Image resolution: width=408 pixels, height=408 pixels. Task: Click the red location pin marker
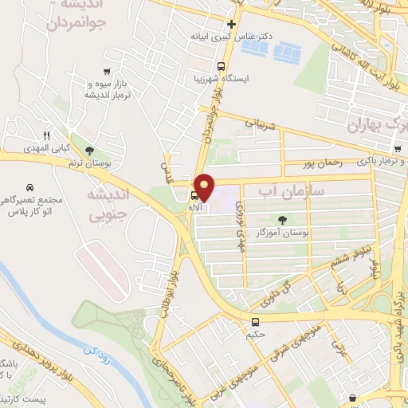click(205, 186)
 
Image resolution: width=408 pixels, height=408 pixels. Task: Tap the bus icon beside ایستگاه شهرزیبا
click(222, 67)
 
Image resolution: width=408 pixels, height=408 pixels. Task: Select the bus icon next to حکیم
click(255, 322)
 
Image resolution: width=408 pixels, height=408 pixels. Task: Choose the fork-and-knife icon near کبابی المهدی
click(46, 136)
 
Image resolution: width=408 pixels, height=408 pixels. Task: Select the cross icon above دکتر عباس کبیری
click(231, 24)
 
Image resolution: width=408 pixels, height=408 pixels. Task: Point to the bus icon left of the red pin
click(194, 195)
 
